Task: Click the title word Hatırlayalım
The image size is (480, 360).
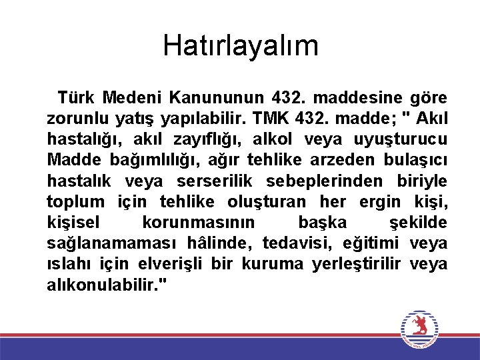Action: pyautogui.click(x=240, y=46)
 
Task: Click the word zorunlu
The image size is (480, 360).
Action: pyautogui.click(x=75, y=119)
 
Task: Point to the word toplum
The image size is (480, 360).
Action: pyautogui.click(x=75, y=201)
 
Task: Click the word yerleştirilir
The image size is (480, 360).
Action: pyautogui.click(x=356, y=263)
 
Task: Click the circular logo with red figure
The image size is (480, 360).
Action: pyautogui.click(x=419, y=328)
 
